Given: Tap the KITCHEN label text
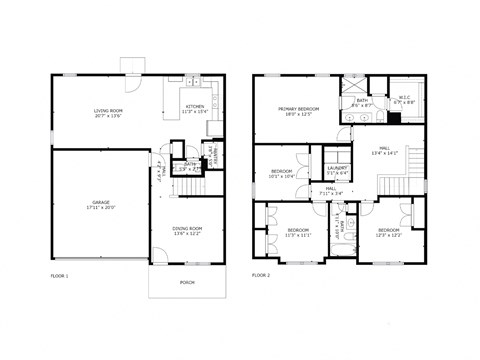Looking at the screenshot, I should tap(194, 106).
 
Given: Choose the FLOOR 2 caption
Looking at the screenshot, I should tap(262, 274).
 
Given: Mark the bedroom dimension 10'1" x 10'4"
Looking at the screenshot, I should tap(282, 176).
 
